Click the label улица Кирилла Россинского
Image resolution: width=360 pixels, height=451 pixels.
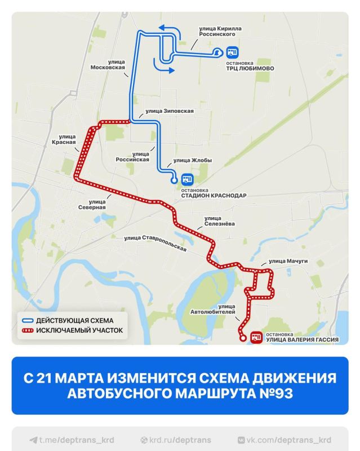point(217,30)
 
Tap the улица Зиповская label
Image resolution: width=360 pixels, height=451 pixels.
point(170,111)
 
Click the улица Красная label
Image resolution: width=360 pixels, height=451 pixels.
point(67,139)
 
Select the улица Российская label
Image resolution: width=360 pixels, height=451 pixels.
point(132,156)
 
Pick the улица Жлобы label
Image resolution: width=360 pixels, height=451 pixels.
point(193,160)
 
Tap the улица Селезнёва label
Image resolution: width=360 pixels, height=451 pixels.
point(220,220)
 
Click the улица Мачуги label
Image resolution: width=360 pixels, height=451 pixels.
point(288,262)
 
